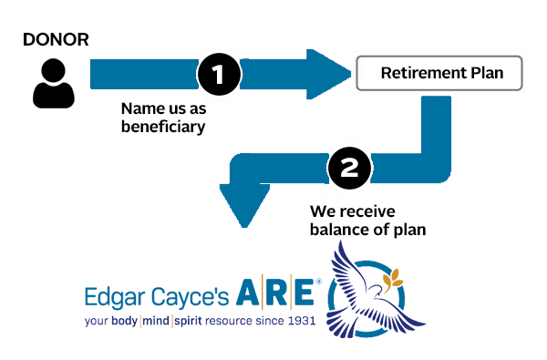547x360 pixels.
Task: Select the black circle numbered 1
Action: [x=218, y=72]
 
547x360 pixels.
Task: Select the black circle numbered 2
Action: [x=348, y=169]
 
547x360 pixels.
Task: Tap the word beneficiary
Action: [x=163, y=127]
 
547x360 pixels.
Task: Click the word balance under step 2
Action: [x=337, y=230]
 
